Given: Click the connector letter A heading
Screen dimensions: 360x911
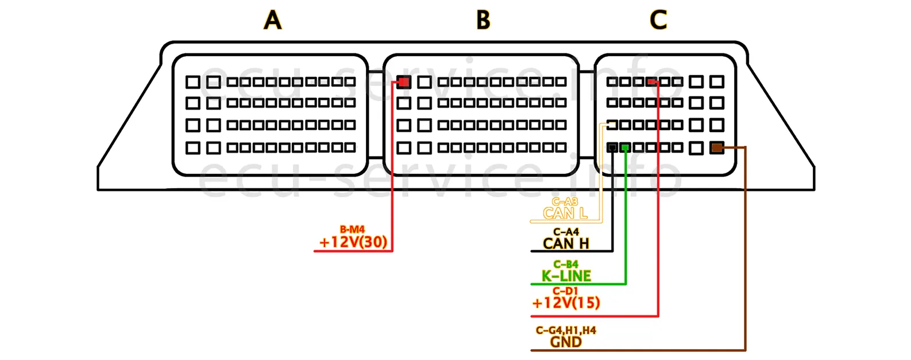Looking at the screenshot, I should (273, 20).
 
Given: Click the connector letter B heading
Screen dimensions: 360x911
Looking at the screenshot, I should (483, 20).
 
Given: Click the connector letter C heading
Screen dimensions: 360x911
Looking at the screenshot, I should (658, 20).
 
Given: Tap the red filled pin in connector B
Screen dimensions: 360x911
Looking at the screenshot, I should (404, 82).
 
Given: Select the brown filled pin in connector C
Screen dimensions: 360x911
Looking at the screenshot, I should (717, 148).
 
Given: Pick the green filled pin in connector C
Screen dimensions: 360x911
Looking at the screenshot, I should (626, 148).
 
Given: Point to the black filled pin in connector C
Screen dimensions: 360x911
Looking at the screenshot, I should (612, 148).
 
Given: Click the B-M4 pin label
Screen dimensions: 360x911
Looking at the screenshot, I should (352, 230).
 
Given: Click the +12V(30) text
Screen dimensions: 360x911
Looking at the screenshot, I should (353, 242).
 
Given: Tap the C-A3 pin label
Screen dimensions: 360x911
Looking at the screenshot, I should (565, 202).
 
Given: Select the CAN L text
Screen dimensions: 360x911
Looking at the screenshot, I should (565, 214).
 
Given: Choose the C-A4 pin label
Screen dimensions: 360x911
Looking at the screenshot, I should (566, 232).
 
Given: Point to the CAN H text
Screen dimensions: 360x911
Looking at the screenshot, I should (566, 243).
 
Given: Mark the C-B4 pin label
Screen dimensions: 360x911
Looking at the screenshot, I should (566, 265).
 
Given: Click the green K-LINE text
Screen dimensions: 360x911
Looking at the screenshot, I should (566, 276).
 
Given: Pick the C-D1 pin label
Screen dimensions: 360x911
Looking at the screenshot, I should (565, 292).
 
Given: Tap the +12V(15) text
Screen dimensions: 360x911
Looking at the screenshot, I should (566, 303).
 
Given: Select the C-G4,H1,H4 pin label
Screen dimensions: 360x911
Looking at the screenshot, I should (566, 331).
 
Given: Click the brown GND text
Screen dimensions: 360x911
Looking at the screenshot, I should (566, 342).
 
